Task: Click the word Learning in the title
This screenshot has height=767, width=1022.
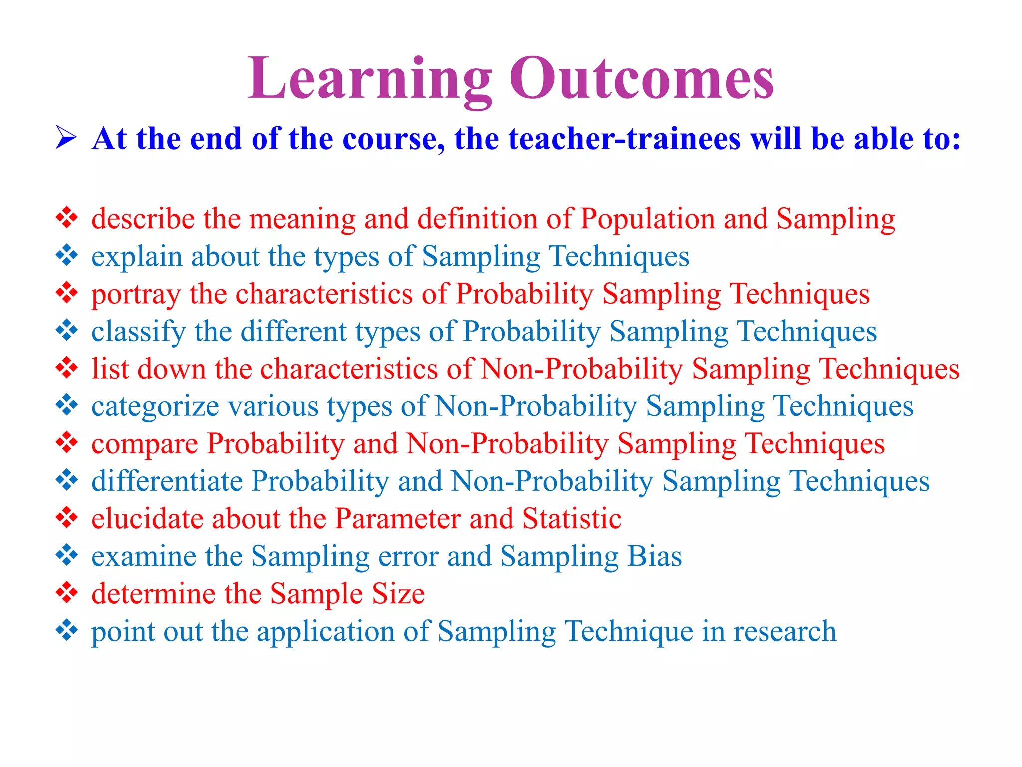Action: point(369,80)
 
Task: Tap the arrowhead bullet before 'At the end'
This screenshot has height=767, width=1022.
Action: point(66,138)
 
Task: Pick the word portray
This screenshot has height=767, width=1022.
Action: point(135,295)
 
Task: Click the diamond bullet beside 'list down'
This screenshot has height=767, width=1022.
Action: point(67,368)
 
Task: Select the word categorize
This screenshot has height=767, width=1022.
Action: point(155,406)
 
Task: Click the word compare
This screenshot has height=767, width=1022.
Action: point(145,444)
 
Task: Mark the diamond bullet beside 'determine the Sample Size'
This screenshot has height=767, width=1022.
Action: point(67,593)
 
